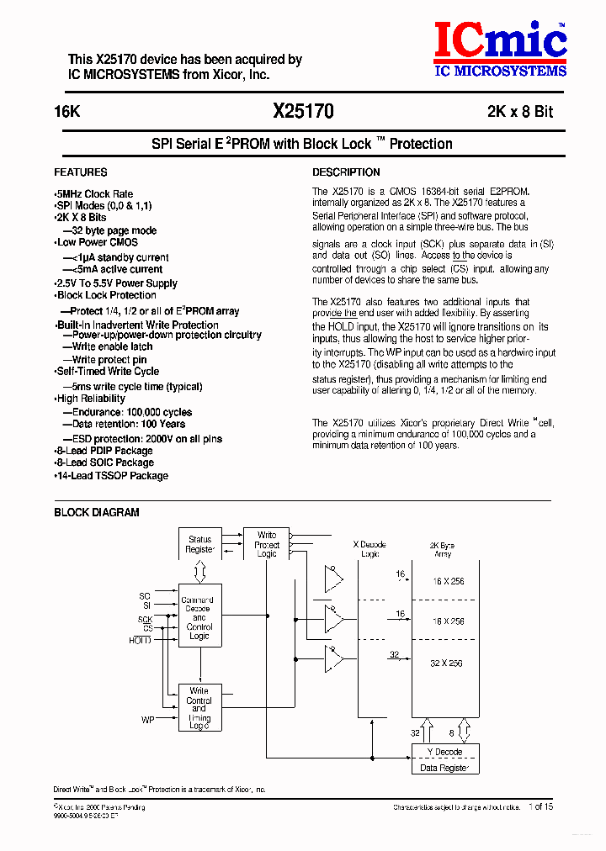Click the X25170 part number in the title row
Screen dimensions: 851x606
[303, 111]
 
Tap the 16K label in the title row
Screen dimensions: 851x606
[67, 112]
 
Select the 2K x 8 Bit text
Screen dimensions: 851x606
[519, 112]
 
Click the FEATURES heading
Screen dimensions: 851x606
[81, 172]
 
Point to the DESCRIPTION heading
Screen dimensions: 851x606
[347, 172]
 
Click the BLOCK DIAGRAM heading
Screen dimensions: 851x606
[97, 512]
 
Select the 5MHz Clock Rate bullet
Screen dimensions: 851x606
[94, 194]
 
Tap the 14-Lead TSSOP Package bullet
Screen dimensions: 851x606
[112, 476]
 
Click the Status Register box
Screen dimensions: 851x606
[200, 545]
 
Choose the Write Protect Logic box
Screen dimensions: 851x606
[266, 544]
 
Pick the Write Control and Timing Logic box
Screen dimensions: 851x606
[199, 707]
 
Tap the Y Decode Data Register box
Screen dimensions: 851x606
[444, 759]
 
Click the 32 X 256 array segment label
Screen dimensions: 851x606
[447, 663]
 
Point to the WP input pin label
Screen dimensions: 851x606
[147, 720]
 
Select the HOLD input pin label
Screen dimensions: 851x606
[140, 640]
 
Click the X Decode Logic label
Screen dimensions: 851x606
[369, 549]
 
